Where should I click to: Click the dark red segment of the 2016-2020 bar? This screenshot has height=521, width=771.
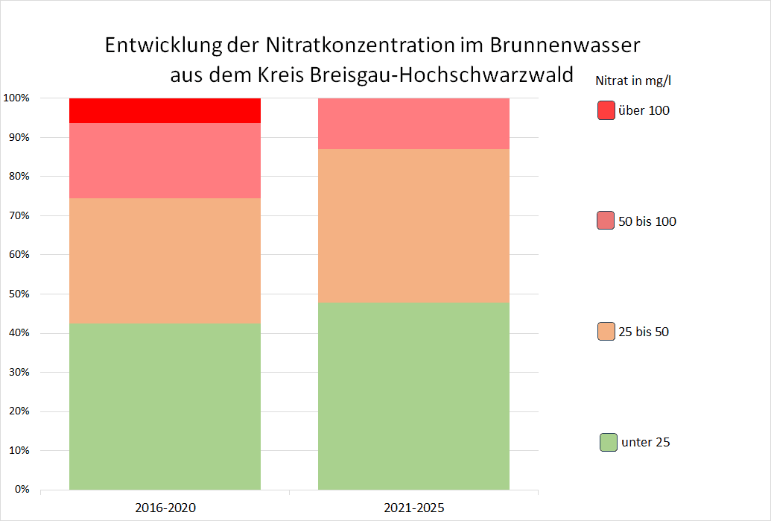pos(165,110)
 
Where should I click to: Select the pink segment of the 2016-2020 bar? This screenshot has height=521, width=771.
pos(165,160)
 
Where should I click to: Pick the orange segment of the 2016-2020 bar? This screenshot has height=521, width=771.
pos(165,260)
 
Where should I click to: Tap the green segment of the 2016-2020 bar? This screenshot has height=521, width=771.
pos(165,406)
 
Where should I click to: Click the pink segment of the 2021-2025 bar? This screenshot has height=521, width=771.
pos(413,124)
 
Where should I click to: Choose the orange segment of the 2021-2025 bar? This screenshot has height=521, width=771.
pos(413,225)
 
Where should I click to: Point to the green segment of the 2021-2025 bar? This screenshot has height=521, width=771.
pos(413,396)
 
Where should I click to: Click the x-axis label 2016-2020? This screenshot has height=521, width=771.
pos(165,508)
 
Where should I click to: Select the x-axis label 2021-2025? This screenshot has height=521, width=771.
pos(413,508)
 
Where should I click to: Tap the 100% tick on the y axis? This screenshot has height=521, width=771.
pos(16,98)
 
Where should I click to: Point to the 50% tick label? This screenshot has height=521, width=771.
pos(18,294)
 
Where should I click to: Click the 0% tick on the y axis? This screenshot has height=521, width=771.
pos(21,490)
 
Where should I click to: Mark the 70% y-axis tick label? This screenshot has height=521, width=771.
pos(18,215)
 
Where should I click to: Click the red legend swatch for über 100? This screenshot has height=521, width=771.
pos(606,110)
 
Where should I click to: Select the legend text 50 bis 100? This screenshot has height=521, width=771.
pos(647,221)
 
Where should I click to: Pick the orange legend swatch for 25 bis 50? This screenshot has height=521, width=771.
pos(606,332)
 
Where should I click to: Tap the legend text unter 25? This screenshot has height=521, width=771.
pos(645,442)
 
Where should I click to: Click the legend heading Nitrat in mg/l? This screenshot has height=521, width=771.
pos(638,80)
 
